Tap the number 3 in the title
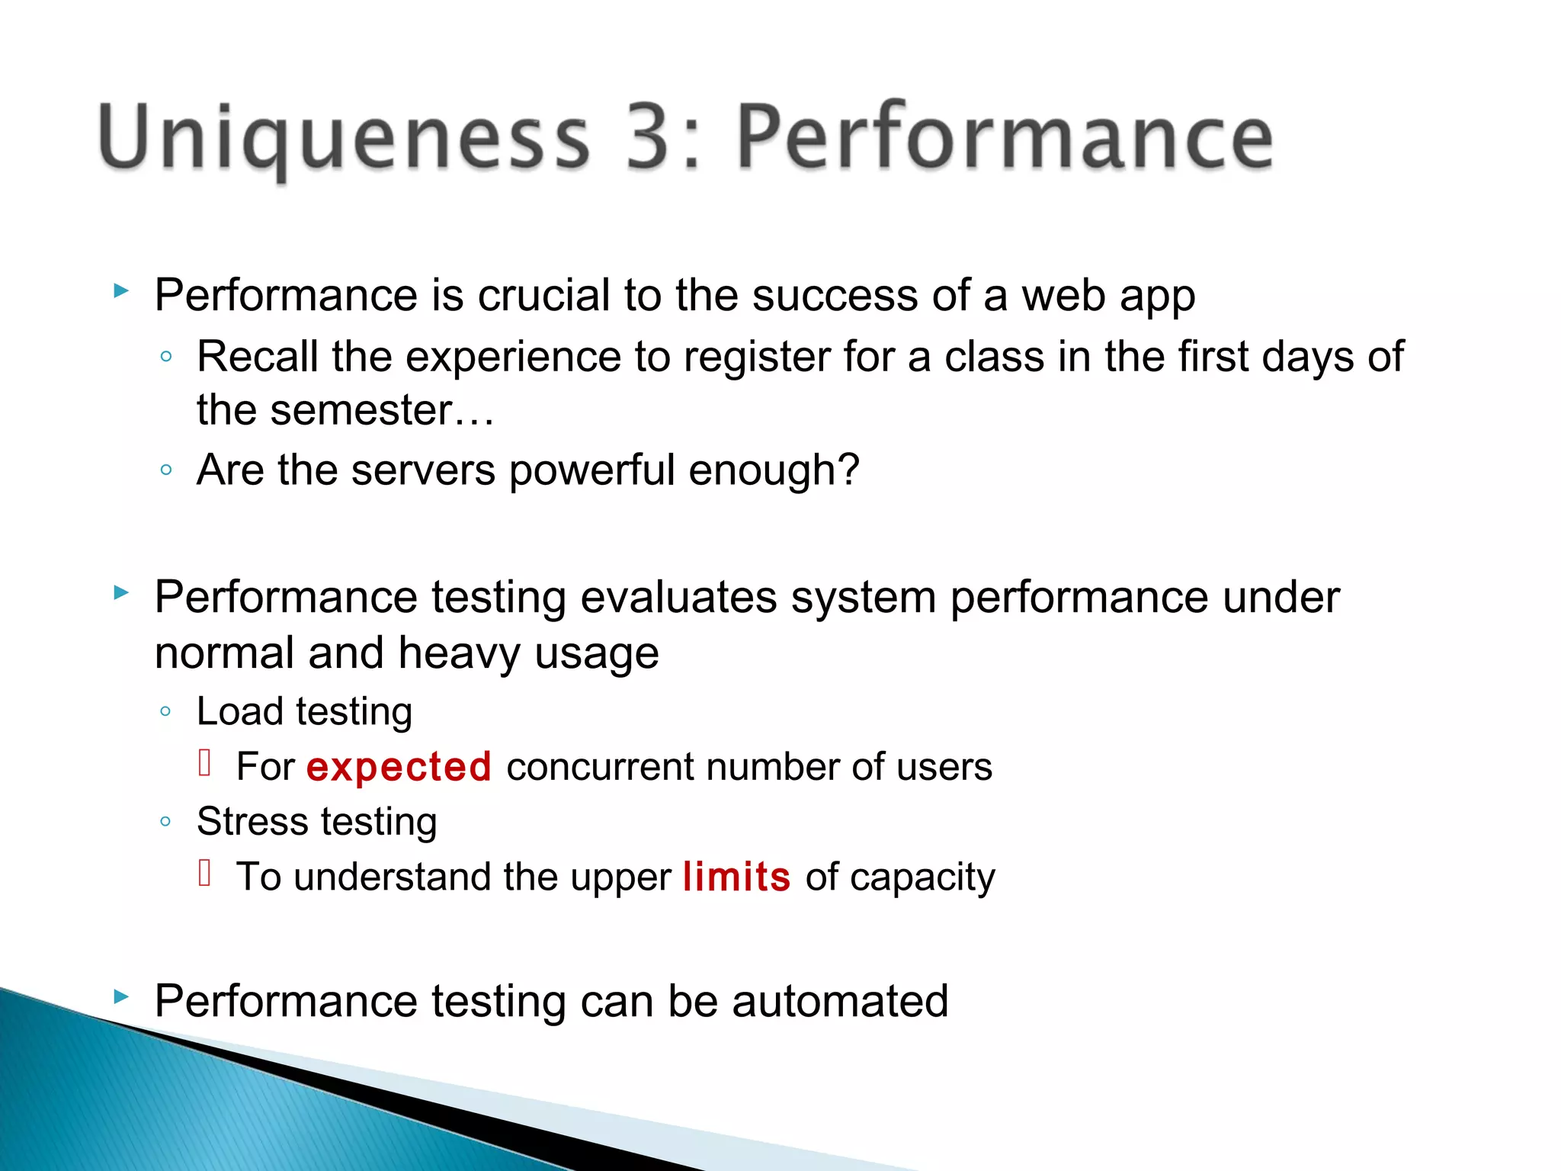[x=647, y=137]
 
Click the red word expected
[x=399, y=767]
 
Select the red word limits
[x=736, y=877]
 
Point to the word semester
[x=362, y=411]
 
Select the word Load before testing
[x=240, y=712]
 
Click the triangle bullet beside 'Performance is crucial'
[x=120, y=290]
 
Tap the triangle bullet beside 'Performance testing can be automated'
[x=120, y=996]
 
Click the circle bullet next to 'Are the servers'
[x=166, y=470]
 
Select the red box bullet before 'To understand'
[x=204, y=872]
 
